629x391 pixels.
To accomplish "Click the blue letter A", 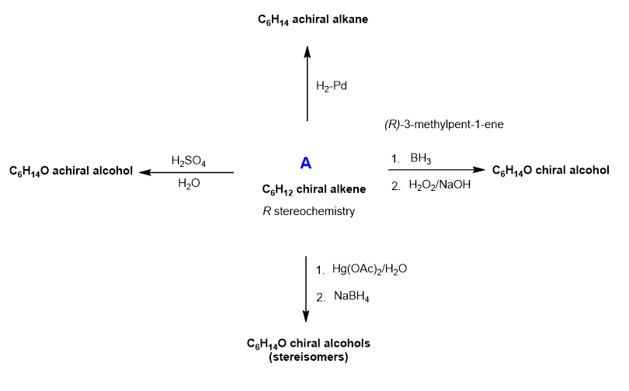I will [306, 164].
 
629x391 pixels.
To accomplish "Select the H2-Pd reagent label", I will [332, 85].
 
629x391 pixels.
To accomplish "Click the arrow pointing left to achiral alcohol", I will [186, 172].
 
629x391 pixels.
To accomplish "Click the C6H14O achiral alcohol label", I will [70, 170].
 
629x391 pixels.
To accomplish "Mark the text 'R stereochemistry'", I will [308, 210].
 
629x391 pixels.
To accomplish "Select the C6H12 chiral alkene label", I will [308, 189].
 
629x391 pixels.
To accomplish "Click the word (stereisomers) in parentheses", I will [308, 358].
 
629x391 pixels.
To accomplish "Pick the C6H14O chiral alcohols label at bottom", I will [308, 343].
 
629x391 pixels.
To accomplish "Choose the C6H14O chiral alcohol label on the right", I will [551, 170].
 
